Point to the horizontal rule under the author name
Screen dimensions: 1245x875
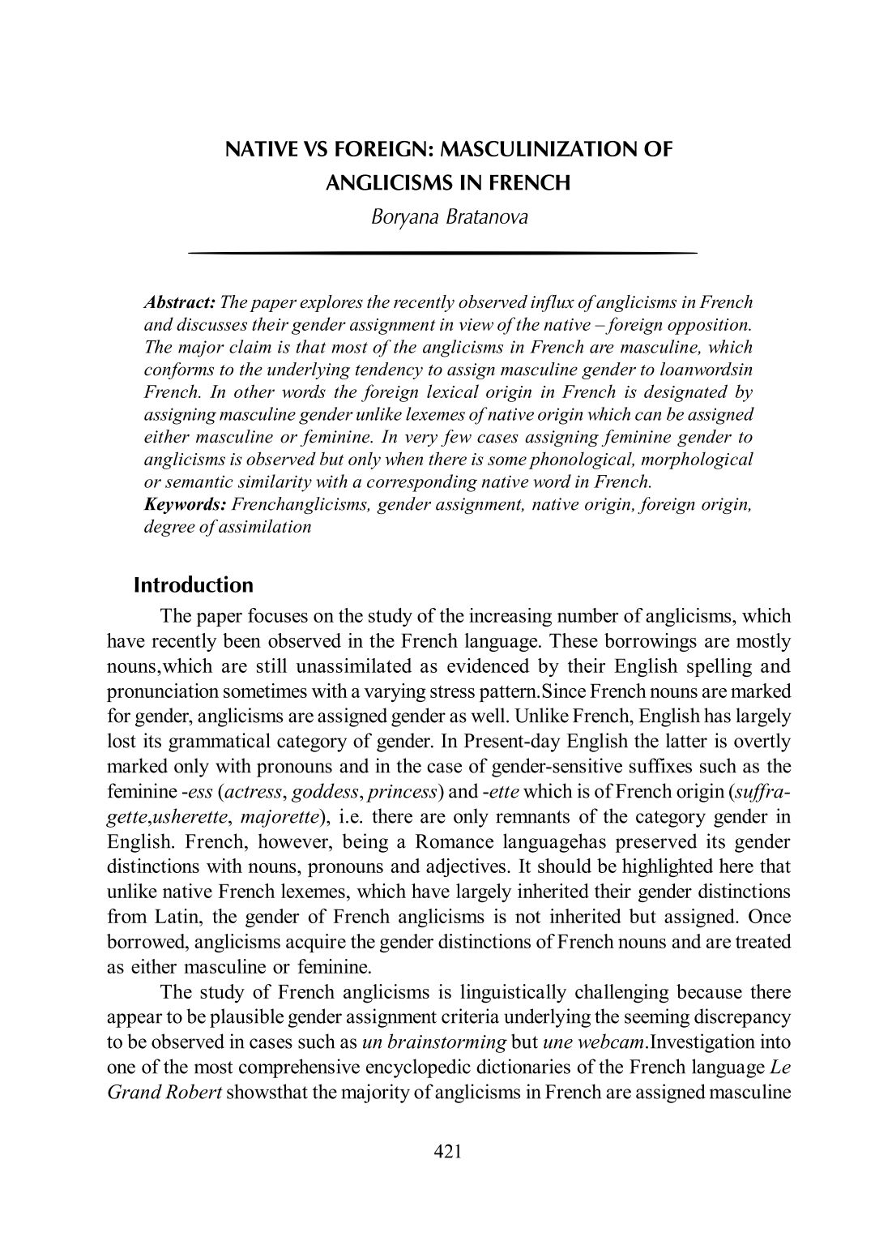point(442,254)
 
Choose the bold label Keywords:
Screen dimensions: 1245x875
point(185,504)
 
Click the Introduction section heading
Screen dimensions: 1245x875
point(193,585)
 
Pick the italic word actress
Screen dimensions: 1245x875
point(254,791)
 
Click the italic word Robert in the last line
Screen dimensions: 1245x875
point(193,1092)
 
